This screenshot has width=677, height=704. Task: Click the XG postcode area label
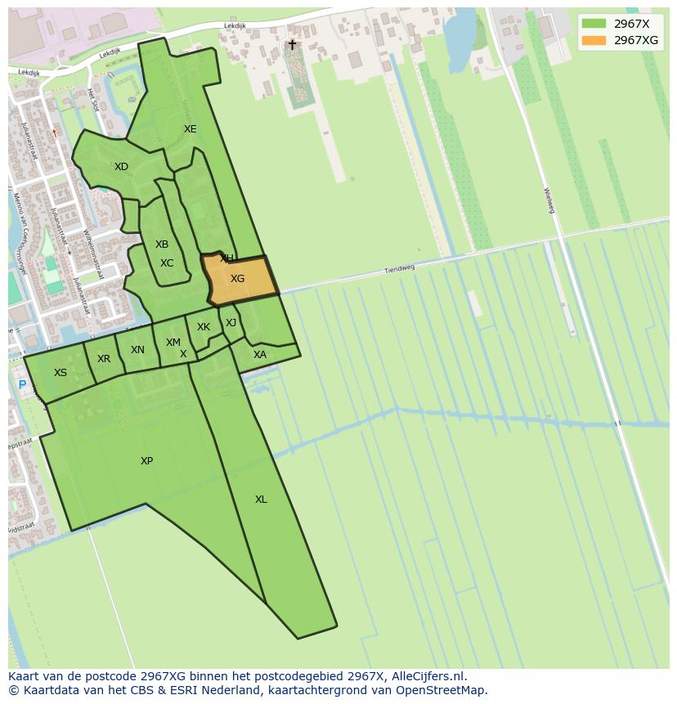tap(237, 279)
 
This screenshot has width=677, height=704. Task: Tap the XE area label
tap(190, 129)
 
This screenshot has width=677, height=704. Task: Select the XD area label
tap(121, 167)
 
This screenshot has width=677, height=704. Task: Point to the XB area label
tap(162, 244)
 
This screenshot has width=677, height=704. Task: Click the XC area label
tap(167, 263)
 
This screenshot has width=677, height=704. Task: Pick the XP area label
tap(146, 461)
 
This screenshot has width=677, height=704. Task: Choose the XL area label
tap(260, 500)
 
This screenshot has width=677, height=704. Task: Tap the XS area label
tap(61, 373)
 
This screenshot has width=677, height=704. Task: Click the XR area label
tap(104, 359)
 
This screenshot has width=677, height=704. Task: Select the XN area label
tap(137, 350)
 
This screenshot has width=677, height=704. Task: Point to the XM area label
tap(173, 343)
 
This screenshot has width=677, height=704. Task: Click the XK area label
tap(204, 327)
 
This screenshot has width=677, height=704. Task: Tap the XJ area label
tap(231, 323)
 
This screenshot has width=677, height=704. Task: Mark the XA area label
tap(260, 355)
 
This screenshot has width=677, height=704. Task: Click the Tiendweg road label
tap(401, 268)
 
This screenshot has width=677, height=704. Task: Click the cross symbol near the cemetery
tap(292, 45)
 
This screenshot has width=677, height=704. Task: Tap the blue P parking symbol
tap(22, 385)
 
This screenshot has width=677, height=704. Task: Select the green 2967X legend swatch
tap(594, 24)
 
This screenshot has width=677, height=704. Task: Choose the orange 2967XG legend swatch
tap(594, 40)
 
